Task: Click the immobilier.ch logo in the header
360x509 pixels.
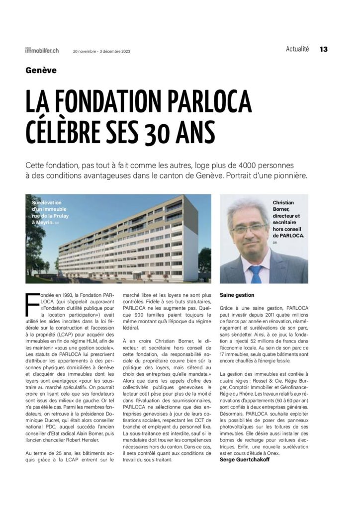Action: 42,50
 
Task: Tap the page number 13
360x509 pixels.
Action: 324,49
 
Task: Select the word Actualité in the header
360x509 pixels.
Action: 297,49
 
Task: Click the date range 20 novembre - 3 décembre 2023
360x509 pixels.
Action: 101,51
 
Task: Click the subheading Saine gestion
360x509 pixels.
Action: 237,295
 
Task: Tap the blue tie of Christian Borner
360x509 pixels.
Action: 256,274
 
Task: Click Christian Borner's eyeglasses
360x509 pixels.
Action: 250,229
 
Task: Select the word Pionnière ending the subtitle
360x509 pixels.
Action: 288,176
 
